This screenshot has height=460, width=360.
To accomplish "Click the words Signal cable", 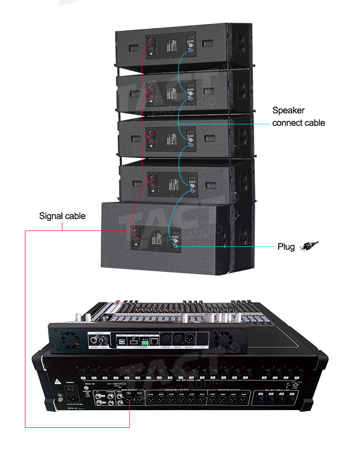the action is click(62, 216).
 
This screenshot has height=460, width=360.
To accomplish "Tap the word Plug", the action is click(286, 247).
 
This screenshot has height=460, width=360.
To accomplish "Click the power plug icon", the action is click(309, 246).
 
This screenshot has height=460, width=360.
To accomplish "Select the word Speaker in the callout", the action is click(288, 110).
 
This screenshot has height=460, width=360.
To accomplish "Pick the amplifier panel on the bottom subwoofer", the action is click(156, 238).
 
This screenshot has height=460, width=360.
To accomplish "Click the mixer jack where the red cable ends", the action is click(130, 399).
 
